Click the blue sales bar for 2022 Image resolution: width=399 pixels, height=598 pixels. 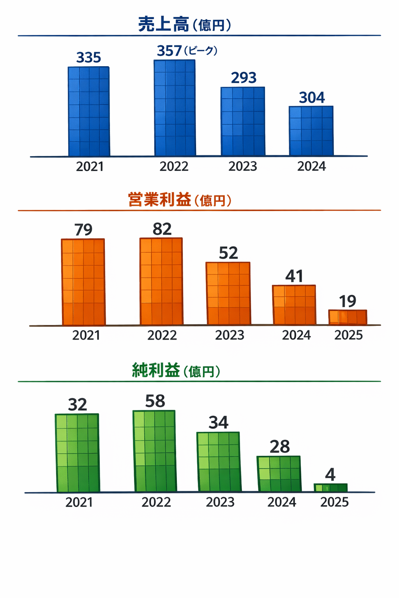pyautogui.click(x=175, y=108)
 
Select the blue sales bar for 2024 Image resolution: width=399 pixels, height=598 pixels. pyautogui.click(x=311, y=131)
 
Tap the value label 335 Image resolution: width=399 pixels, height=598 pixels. pyautogui.click(x=88, y=58)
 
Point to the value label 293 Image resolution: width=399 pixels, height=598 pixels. pyautogui.click(x=244, y=78)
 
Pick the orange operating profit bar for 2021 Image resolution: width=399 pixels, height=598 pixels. pyautogui.click(x=83, y=282)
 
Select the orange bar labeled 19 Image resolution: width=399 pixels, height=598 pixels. pyautogui.click(x=348, y=317)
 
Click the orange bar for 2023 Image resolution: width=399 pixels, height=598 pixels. pyautogui.click(x=228, y=293)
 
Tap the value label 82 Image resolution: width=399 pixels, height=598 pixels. pyautogui.click(x=162, y=229)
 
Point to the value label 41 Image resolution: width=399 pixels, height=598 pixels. pyautogui.click(x=294, y=276)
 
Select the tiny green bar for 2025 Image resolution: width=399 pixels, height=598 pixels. pyautogui.click(x=330, y=488)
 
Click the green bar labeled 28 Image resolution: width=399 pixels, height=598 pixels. pyautogui.click(x=279, y=474)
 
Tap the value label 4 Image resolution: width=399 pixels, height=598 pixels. pyautogui.click(x=330, y=475)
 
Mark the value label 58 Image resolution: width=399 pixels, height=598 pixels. pyautogui.click(x=155, y=401)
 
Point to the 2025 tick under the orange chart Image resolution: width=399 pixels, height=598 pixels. pyautogui.click(x=348, y=335)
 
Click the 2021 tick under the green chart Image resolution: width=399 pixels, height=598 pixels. pyautogui.click(x=79, y=503)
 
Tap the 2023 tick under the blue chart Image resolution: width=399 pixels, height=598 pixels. pyautogui.click(x=243, y=167)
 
